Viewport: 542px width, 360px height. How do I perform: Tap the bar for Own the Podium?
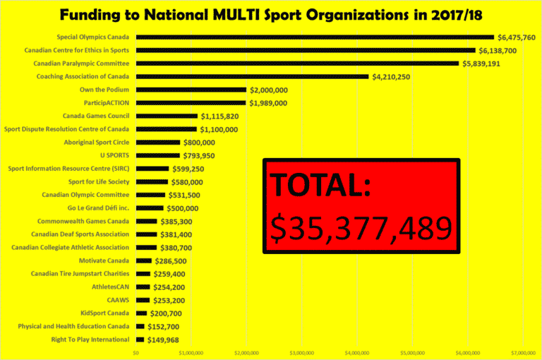[191, 90]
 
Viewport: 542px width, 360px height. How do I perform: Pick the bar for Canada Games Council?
[167, 116]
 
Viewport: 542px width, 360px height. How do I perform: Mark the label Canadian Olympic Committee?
[85, 195]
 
